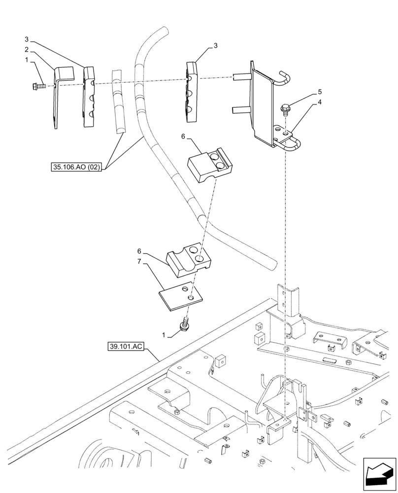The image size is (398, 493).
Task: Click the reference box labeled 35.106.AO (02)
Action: point(76,167)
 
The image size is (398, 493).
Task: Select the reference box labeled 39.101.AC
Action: point(124,347)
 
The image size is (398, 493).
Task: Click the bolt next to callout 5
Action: point(285,108)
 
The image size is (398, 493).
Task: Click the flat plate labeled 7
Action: point(180,298)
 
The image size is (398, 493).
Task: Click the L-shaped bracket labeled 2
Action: point(60,96)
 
